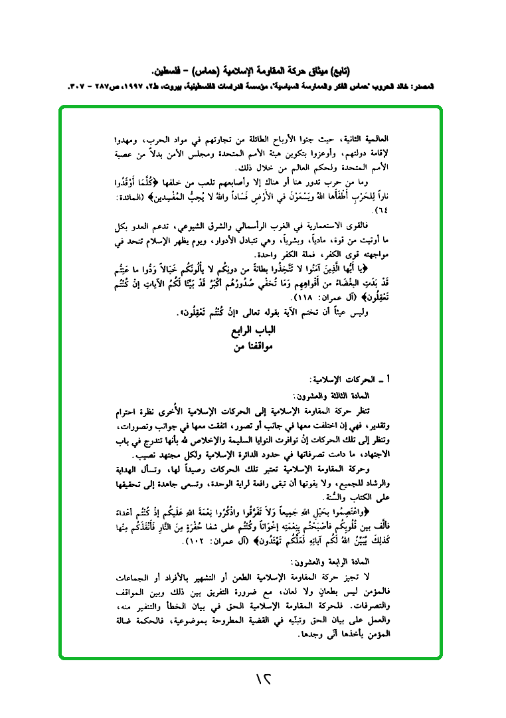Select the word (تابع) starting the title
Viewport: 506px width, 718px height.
(338, 69)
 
